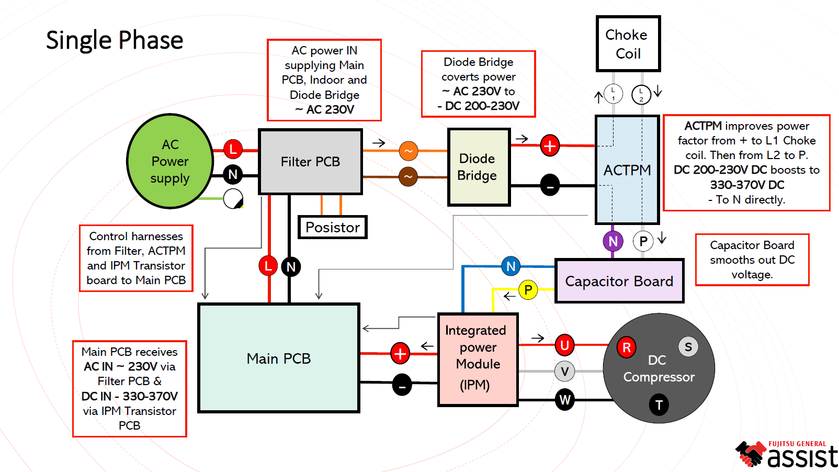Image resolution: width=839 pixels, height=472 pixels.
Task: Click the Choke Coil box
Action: tap(628, 44)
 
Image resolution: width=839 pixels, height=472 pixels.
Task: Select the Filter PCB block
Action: tap(310, 162)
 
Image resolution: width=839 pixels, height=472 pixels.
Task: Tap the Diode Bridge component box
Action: tap(478, 167)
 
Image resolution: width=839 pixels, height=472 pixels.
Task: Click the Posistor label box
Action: tap(332, 227)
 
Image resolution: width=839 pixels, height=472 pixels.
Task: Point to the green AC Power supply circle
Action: tap(170, 161)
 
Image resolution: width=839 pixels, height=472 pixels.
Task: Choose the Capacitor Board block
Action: tap(619, 281)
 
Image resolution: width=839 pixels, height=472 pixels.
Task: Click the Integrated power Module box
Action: tap(478, 359)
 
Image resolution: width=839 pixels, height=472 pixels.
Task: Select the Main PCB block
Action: tap(278, 358)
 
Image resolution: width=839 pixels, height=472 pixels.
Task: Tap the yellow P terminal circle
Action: tap(528, 289)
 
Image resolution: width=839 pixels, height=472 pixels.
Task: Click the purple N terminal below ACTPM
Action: tap(613, 241)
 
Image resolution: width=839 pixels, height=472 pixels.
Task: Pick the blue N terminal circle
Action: tap(511, 266)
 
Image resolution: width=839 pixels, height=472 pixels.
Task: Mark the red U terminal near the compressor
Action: tap(564, 345)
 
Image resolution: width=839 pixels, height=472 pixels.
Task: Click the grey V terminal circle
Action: tap(564, 372)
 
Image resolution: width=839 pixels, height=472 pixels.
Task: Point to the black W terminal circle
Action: tap(565, 400)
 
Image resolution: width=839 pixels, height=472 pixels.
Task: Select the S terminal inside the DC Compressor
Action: tap(688, 346)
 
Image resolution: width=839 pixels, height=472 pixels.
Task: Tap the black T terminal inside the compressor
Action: tap(659, 405)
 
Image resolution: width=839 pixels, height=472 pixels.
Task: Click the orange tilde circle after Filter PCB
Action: tap(408, 151)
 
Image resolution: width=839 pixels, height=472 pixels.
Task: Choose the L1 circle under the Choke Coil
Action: tap(613, 94)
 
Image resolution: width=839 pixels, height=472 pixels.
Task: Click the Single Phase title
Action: tap(115, 40)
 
